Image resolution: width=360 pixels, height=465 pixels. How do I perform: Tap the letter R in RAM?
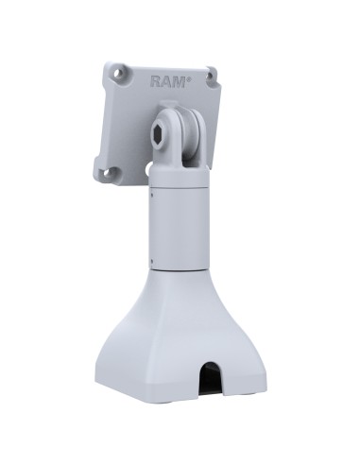click(x=156, y=81)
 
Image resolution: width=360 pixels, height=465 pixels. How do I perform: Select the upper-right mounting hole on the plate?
click(x=210, y=73)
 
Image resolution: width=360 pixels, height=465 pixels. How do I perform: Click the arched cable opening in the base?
click(x=204, y=374)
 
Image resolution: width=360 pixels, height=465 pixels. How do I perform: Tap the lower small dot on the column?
click(x=150, y=257)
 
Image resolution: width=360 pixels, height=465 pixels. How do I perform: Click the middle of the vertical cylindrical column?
click(x=179, y=227)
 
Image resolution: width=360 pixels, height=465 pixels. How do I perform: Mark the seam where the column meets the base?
click(x=179, y=272)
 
